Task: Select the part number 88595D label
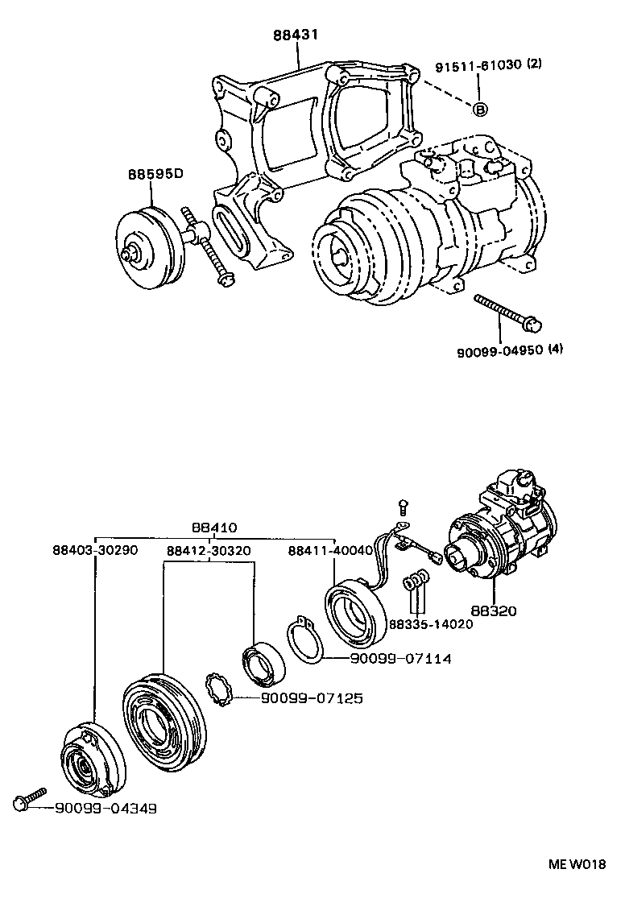(x=155, y=174)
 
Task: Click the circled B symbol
(x=479, y=109)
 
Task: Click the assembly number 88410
(x=215, y=528)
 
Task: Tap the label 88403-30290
(x=95, y=551)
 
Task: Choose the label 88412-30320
(x=209, y=551)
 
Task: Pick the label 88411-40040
(x=330, y=551)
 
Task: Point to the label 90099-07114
(x=400, y=659)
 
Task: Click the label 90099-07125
(x=311, y=697)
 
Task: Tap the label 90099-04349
(x=106, y=807)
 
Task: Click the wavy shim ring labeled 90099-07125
(x=219, y=689)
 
